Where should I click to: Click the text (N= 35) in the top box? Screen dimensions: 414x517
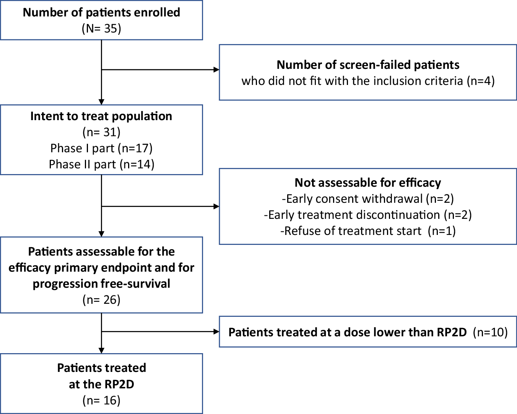(x=101, y=29)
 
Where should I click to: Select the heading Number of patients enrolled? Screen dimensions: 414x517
(x=101, y=12)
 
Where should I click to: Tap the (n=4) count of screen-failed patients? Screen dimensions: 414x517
(x=481, y=81)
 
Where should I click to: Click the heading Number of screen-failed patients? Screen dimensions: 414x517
(x=368, y=65)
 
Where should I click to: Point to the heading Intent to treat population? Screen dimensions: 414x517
(x=101, y=116)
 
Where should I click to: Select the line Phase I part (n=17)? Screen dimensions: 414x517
(x=101, y=148)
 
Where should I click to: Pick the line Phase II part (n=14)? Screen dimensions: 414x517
(x=101, y=164)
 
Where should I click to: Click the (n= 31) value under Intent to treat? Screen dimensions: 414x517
(x=101, y=132)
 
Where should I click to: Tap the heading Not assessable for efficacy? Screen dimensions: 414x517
(x=368, y=183)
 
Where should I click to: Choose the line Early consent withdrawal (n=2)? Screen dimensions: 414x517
(x=368, y=199)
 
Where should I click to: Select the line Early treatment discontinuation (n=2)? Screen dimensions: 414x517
(x=368, y=215)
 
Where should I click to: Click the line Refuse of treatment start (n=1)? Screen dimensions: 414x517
(x=368, y=231)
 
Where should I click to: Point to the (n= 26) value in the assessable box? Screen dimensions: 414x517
(x=101, y=300)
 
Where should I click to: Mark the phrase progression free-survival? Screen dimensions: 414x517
(x=101, y=284)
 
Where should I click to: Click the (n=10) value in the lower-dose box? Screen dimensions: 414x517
(x=490, y=332)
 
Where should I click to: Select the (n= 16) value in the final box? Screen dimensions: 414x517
(x=101, y=400)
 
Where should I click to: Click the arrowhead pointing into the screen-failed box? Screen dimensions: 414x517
(x=216, y=70)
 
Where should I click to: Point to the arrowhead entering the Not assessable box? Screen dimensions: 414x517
(x=216, y=206)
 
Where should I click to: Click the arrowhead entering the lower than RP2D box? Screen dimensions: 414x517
(x=216, y=331)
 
